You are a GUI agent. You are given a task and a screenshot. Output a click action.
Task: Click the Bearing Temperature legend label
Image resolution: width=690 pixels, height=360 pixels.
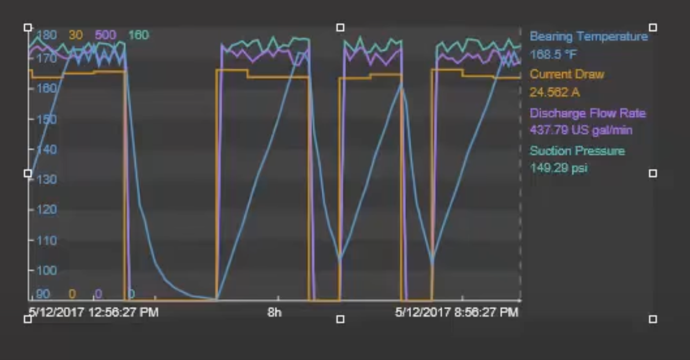(x=589, y=36)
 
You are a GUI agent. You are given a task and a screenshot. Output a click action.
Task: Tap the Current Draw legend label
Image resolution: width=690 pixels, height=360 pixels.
(x=567, y=74)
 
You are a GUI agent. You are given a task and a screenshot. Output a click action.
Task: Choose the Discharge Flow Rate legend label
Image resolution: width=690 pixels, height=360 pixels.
(x=588, y=113)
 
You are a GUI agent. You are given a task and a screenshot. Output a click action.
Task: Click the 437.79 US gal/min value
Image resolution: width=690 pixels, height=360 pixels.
(x=581, y=130)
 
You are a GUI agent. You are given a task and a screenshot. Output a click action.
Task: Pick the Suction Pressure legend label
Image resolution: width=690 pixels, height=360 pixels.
(x=577, y=151)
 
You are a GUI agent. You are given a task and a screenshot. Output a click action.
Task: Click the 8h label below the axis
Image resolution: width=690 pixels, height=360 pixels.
(x=274, y=313)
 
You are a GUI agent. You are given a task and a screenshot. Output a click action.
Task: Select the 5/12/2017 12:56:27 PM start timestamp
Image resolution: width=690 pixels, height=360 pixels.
(x=93, y=313)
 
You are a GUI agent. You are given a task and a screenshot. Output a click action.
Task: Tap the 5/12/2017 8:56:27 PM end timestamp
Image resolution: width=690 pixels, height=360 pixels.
(x=457, y=313)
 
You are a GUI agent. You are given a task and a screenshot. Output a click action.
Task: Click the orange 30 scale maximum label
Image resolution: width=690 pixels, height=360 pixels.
(x=75, y=35)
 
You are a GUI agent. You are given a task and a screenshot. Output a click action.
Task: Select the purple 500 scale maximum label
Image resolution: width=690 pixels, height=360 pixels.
(x=105, y=35)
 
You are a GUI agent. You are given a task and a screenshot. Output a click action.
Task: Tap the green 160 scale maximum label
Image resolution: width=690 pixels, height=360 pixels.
(x=138, y=35)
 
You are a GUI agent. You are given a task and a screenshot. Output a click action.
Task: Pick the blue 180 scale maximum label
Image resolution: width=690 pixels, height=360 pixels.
(x=46, y=35)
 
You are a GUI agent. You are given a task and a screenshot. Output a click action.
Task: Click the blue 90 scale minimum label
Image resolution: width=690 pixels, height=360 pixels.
(x=43, y=294)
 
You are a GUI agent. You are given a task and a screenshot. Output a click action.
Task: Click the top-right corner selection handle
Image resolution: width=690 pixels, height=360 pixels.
(x=653, y=27)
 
